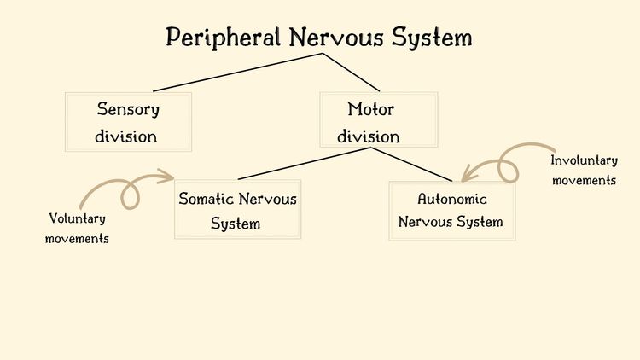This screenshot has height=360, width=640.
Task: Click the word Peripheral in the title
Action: click(224, 38)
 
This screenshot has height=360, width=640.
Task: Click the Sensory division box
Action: click(128, 122)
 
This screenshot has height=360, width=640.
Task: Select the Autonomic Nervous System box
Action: click(451, 210)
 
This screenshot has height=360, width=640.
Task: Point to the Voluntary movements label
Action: click(77, 228)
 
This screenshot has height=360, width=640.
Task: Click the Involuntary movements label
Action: click(584, 170)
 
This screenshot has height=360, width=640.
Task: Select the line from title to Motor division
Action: click(352, 73)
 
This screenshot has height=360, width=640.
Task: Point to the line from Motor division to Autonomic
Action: click(411, 164)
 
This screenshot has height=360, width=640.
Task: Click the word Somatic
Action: click(206, 199)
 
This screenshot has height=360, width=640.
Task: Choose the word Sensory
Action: click(128, 109)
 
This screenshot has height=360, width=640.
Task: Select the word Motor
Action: click(371, 109)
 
